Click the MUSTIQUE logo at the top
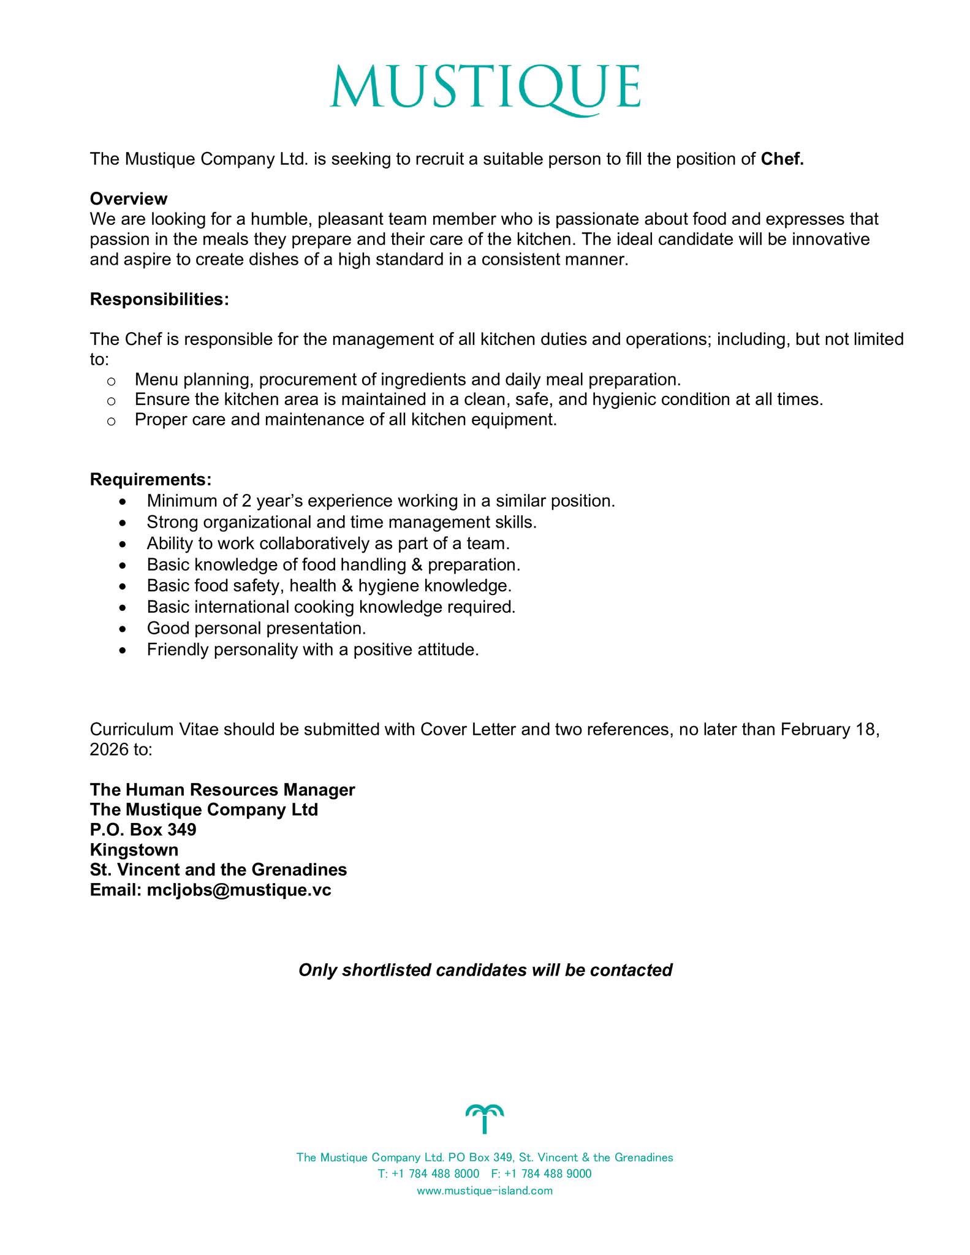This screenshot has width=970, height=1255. [x=485, y=89]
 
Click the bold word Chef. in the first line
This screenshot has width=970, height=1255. [x=782, y=159]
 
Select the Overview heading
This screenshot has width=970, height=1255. [x=129, y=199]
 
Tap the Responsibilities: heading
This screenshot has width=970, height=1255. [x=159, y=300]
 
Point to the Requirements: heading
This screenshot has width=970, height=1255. [x=151, y=479]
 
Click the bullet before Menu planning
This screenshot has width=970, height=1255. [x=111, y=381]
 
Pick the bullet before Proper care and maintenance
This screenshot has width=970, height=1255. [x=111, y=421]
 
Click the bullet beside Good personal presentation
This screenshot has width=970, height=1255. [x=124, y=629]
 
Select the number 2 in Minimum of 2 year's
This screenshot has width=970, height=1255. [x=246, y=501]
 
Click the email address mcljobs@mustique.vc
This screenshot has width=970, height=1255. [x=239, y=890]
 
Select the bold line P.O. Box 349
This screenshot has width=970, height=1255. [x=143, y=830]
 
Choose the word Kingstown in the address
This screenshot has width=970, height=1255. [x=134, y=850]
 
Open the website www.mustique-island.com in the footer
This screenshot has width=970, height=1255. [x=485, y=1191]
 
